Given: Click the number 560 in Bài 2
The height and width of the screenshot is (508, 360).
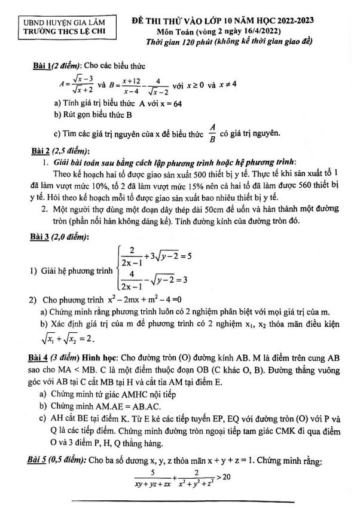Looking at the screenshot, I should click(x=299, y=185).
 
